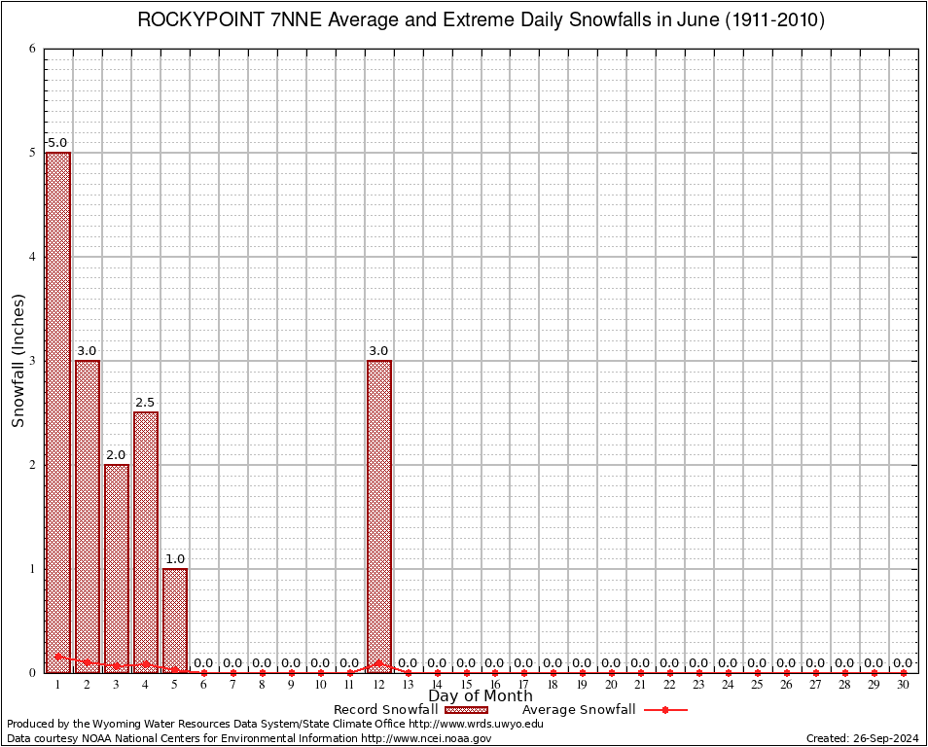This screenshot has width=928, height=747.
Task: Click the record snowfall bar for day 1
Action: tap(58, 409)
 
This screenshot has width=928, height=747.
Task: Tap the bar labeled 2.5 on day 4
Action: tap(146, 535)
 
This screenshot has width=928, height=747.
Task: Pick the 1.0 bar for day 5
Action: tap(175, 618)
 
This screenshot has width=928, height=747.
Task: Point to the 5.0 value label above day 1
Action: tap(58, 143)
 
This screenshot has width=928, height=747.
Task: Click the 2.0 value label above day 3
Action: tap(117, 455)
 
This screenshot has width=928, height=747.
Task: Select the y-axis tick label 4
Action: tap(32, 257)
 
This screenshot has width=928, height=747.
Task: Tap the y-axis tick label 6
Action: tap(32, 49)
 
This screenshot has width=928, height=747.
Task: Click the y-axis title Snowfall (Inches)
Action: tap(18, 361)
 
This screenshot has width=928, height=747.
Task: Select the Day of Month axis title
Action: tap(481, 696)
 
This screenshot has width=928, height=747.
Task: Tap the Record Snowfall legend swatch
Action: tap(466, 710)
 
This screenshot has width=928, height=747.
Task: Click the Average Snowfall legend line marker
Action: tap(664, 710)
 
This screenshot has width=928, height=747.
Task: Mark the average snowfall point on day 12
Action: tap(378, 663)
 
